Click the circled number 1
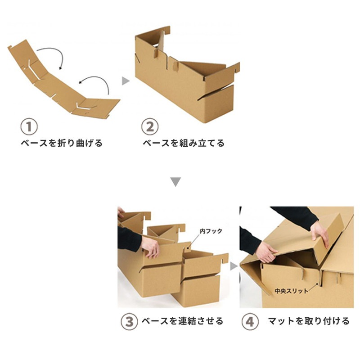pyautogui.click(x=29, y=126)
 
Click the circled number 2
pyautogui.click(x=150, y=126)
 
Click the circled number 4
pyautogui.click(x=250, y=322)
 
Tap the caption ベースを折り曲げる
pyautogui.click(x=62, y=144)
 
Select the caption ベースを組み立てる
pyautogui.click(x=183, y=144)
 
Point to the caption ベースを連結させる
pyautogui.click(x=182, y=321)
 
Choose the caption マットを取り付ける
pyautogui.click(x=308, y=321)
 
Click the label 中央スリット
pyautogui.click(x=292, y=291)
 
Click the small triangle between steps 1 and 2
pyautogui.click(x=126, y=81)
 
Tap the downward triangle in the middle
pyautogui.click(x=176, y=182)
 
